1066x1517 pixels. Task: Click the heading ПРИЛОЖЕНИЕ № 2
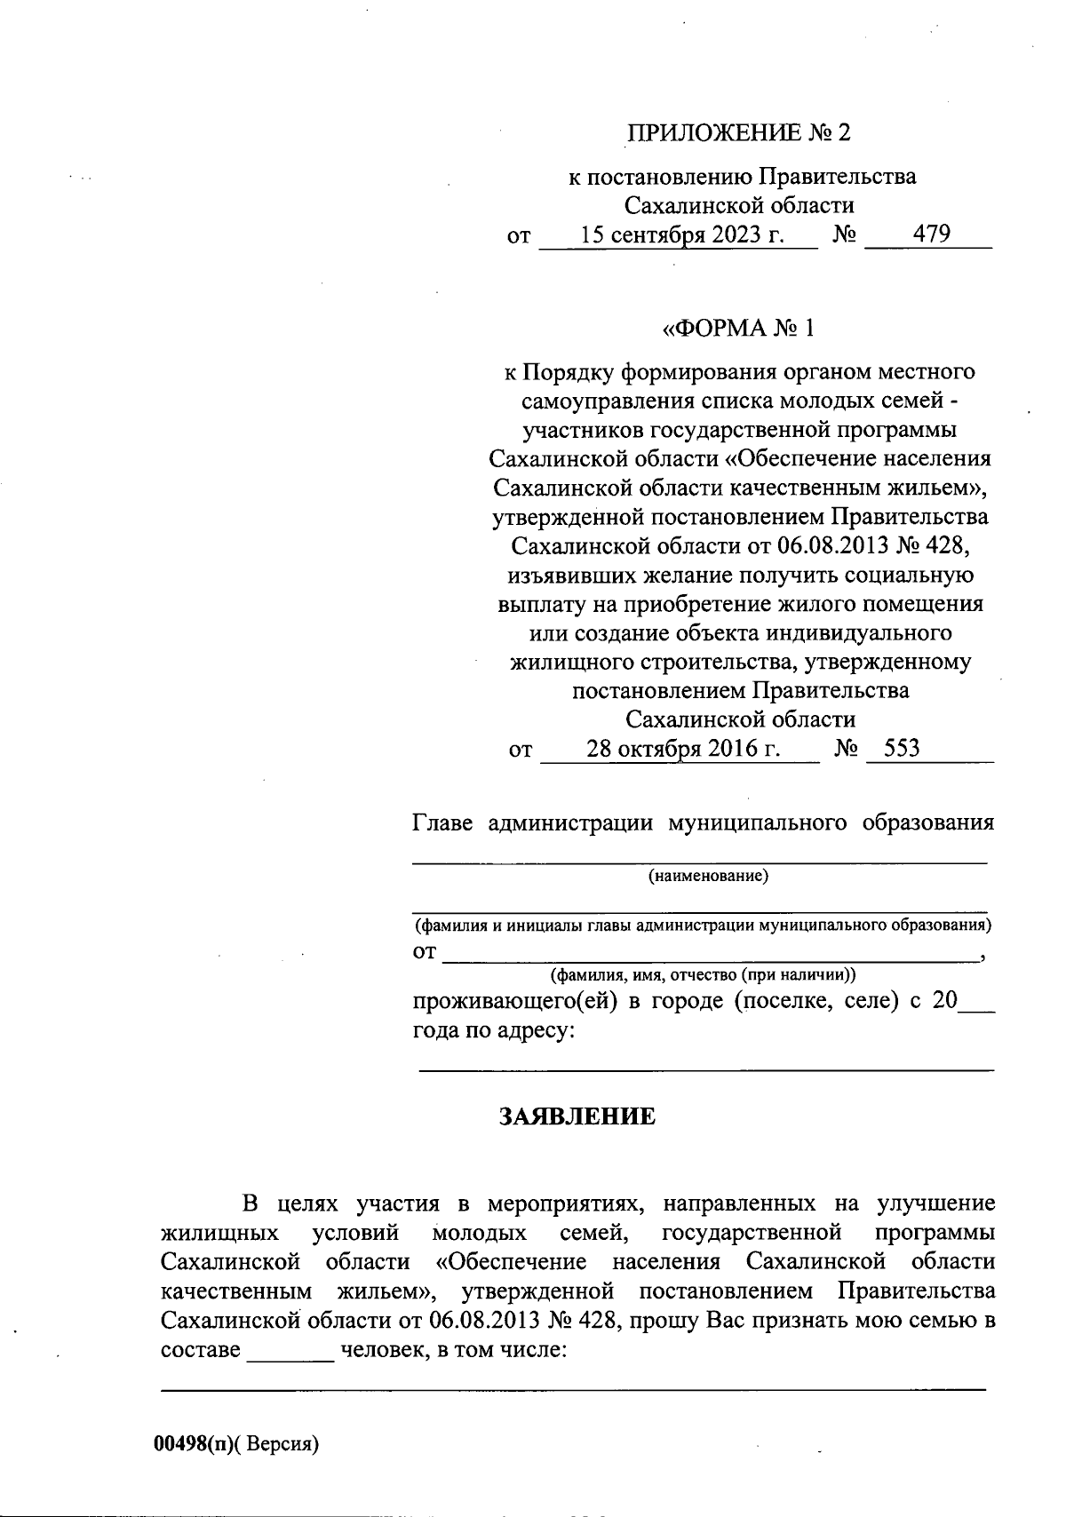[738, 133]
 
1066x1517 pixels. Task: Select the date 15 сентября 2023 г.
[682, 234]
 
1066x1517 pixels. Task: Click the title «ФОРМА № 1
[738, 329]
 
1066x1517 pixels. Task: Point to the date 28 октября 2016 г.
[683, 749]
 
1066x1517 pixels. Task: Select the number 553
[895, 749]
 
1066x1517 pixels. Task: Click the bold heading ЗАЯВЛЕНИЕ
[577, 1116]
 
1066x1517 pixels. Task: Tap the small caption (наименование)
[708, 878]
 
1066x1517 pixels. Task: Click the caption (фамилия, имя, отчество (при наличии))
[703, 975]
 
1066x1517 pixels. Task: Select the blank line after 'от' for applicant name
[709, 954]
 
